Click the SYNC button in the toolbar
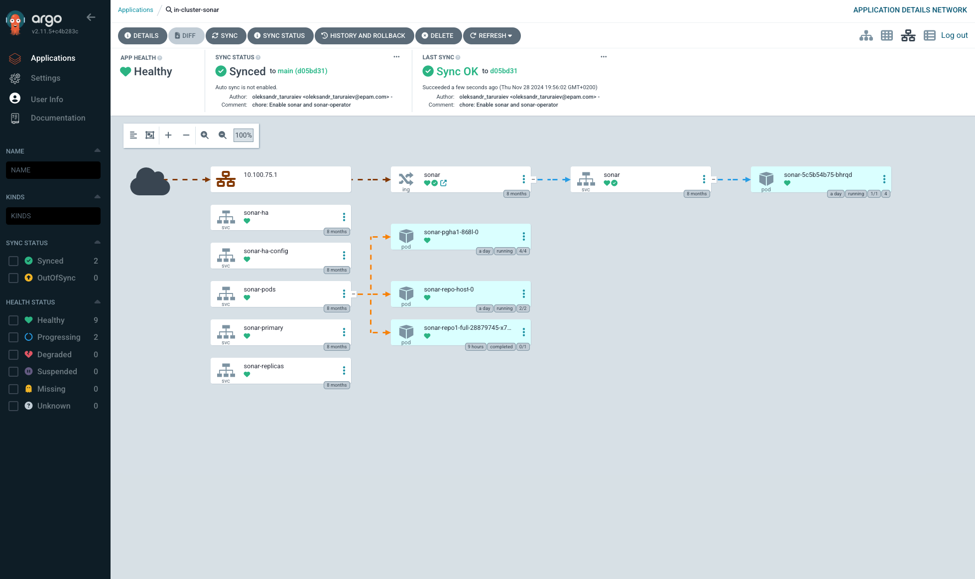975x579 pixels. pos(225,36)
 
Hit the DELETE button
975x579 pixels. pos(438,36)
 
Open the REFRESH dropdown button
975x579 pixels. pos(491,36)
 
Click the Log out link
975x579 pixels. pos(954,35)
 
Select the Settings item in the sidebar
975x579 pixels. pos(45,78)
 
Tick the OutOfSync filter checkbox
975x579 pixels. pos(13,278)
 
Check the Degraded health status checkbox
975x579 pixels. pos(13,355)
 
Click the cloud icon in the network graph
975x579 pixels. pos(150,181)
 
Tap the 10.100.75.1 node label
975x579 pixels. pos(260,175)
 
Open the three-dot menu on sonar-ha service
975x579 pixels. pos(344,217)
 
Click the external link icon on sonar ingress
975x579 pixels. pos(443,183)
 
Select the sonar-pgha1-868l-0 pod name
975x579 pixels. pos(451,232)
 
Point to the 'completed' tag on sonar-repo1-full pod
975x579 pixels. pos(501,347)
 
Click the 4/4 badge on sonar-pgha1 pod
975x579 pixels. pos(523,251)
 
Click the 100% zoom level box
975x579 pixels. pos(244,135)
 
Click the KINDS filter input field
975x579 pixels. pos(53,216)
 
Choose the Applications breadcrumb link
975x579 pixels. pos(135,10)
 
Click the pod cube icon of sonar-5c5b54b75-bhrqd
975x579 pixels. pos(766,178)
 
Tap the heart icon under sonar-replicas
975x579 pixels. pos(247,374)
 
